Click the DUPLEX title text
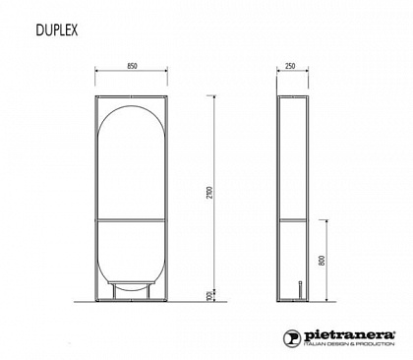coord(57,30)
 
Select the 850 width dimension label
coord(132,66)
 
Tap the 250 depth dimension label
coord(290,66)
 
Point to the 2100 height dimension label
coord(210,193)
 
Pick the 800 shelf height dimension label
coord(322,261)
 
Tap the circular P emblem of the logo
coord(292,338)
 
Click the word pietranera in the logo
coord(350,335)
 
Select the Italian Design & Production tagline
coord(349,344)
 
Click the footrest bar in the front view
coord(131,283)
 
